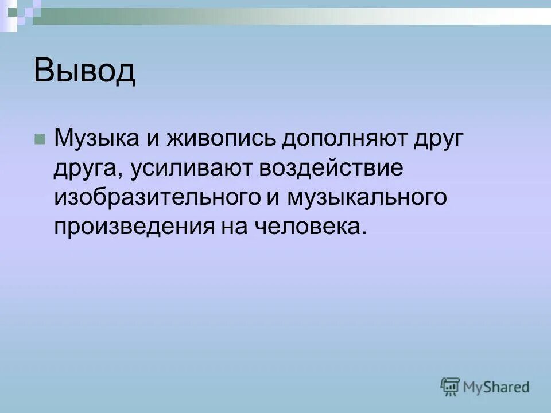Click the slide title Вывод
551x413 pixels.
coord(84,71)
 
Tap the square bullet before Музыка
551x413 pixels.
coord(39,139)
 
